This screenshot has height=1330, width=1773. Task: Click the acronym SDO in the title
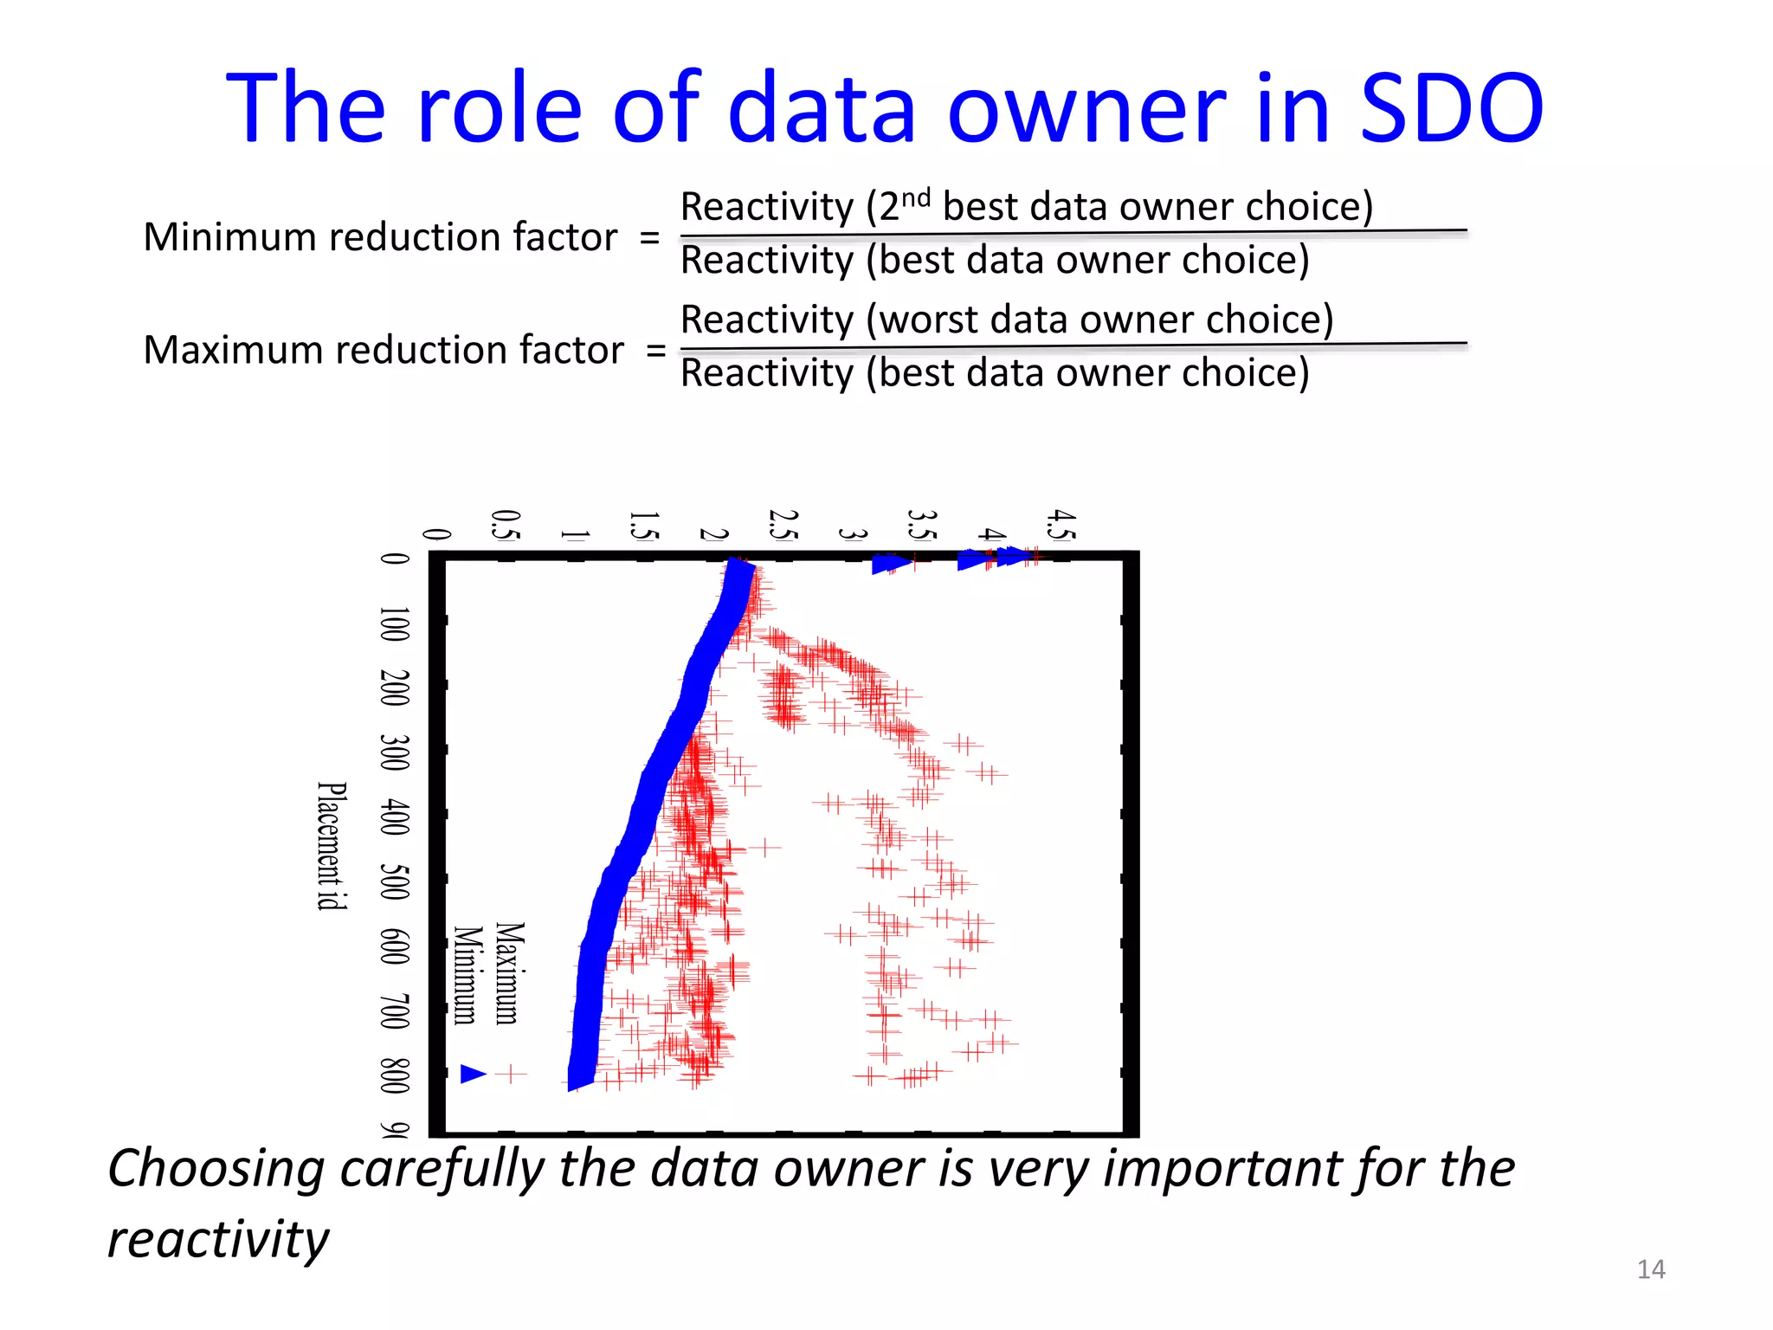click(x=1452, y=108)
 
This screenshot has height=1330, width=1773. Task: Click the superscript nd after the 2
click(x=915, y=198)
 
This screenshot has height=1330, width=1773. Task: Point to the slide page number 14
click(x=1650, y=1269)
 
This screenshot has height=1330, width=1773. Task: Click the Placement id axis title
click(x=332, y=846)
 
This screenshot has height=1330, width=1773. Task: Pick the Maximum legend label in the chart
click(x=510, y=973)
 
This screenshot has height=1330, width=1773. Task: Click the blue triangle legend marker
click(x=473, y=1075)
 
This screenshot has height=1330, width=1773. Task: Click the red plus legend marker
click(x=512, y=1075)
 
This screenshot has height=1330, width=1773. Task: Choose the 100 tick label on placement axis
click(x=395, y=624)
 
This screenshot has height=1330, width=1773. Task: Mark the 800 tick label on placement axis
click(x=395, y=1076)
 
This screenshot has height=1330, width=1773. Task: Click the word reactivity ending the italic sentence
click(x=218, y=1240)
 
